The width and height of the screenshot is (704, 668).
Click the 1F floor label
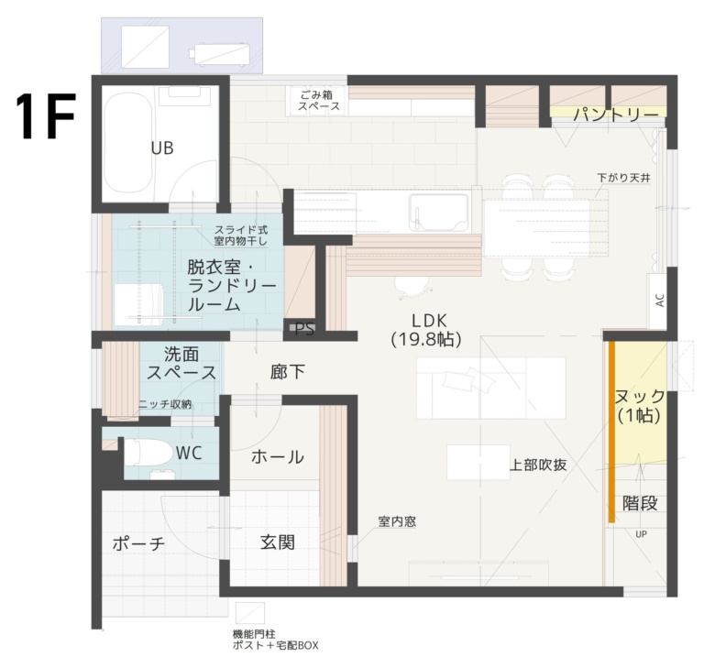(45, 115)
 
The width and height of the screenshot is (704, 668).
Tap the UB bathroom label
(162, 148)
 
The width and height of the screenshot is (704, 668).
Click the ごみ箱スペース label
(319, 101)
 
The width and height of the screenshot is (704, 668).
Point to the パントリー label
(616, 115)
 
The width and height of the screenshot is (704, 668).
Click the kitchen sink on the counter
(440, 213)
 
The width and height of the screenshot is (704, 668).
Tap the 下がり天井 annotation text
(623, 178)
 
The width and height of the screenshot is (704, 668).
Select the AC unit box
(659, 301)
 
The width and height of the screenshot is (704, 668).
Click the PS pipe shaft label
(304, 330)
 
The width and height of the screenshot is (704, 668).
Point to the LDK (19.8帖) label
(425, 330)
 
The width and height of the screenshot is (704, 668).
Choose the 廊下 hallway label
(287, 372)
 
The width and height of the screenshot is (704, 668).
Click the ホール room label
(278, 457)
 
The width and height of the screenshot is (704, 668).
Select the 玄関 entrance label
(278, 542)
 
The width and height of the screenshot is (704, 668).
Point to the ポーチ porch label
(138, 544)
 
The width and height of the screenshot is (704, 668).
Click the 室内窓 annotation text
(397, 521)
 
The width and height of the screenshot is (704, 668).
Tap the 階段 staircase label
(640, 503)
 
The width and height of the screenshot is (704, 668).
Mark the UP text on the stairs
(641, 534)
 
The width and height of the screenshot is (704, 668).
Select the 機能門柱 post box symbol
(250, 613)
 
